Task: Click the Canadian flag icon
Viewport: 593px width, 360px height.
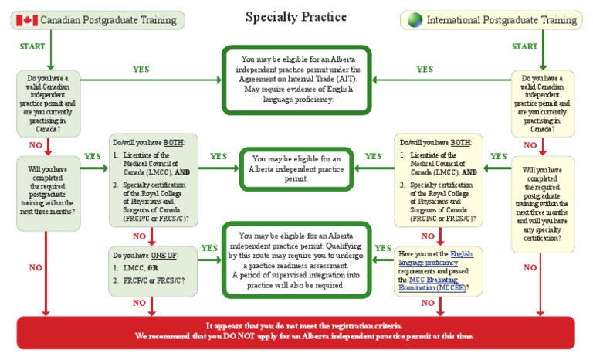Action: [x=26, y=19]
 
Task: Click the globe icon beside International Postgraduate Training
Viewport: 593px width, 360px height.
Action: [x=414, y=19]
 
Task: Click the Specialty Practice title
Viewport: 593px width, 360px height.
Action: [x=296, y=16]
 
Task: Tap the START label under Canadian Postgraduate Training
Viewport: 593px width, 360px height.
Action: [x=32, y=46]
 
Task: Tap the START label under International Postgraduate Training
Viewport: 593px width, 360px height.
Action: [x=524, y=46]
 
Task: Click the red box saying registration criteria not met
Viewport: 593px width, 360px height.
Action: [x=296, y=331]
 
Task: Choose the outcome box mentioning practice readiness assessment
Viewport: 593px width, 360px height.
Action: [x=296, y=259]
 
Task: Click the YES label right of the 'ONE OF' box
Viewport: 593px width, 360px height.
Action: [x=208, y=248]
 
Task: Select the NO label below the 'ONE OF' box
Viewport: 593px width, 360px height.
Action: [x=139, y=303]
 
